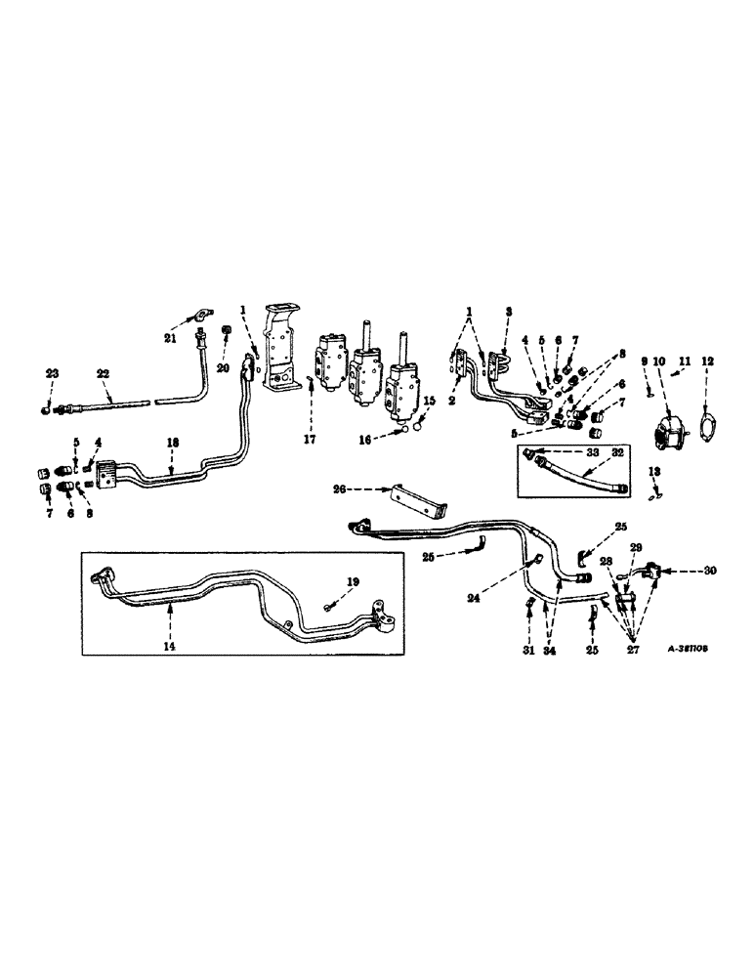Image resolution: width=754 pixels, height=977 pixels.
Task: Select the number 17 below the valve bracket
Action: [x=310, y=412]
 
